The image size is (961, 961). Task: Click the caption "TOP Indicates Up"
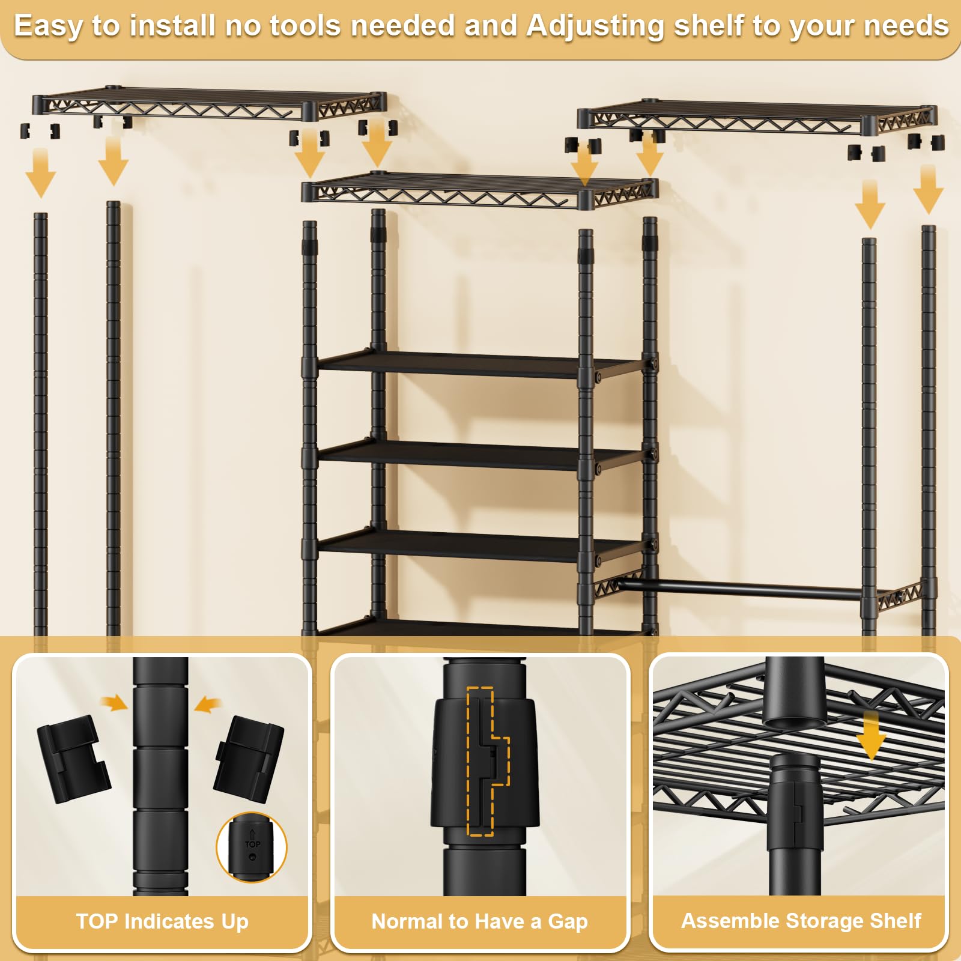point(162,921)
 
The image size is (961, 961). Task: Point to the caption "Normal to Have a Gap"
point(479,921)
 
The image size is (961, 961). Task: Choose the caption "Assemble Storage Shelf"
point(801,921)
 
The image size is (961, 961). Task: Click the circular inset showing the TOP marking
point(252,847)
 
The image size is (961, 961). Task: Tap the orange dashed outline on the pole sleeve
point(488,762)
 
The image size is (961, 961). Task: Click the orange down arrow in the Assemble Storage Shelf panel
point(871,735)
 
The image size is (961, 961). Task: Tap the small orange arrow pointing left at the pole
point(208,704)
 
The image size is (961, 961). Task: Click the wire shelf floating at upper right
point(757,117)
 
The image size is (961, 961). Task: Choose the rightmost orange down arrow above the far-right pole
point(928,189)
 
